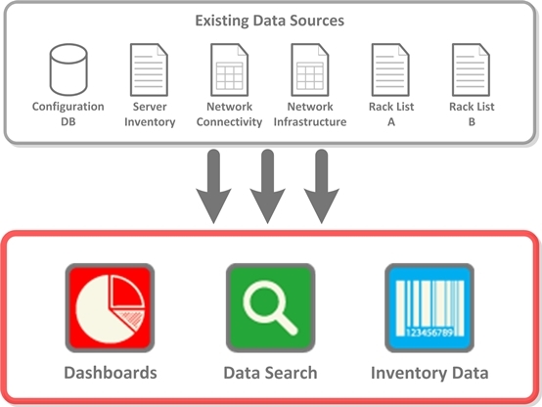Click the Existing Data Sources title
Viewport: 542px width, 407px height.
(x=270, y=21)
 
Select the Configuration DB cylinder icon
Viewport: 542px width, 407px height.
(x=68, y=69)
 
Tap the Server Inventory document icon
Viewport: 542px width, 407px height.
(x=149, y=69)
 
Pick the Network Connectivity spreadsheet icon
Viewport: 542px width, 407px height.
(x=230, y=69)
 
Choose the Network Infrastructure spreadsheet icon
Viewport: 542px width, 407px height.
(x=310, y=69)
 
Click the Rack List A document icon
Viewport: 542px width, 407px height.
(x=390, y=69)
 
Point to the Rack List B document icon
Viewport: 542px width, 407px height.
(x=472, y=69)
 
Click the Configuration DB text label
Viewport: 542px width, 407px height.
(x=68, y=114)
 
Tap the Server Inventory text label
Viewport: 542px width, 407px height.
(x=150, y=114)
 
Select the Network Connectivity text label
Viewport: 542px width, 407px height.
(x=230, y=114)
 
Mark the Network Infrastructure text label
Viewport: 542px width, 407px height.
(x=310, y=114)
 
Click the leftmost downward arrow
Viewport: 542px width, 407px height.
(x=213, y=187)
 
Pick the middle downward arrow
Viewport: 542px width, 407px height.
(x=267, y=187)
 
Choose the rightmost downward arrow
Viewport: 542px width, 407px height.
(x=322, y=187)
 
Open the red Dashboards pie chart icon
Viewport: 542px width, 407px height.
(x=110, y=308)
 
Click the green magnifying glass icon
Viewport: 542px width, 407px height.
(x=271, y=308)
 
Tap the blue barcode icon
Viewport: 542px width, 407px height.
(x=429, y=308)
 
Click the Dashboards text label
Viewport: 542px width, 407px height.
(x=111, y=373)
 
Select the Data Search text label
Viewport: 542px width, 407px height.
(x=270, y=373)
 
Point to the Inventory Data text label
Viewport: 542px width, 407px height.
(x=429, y=374)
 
